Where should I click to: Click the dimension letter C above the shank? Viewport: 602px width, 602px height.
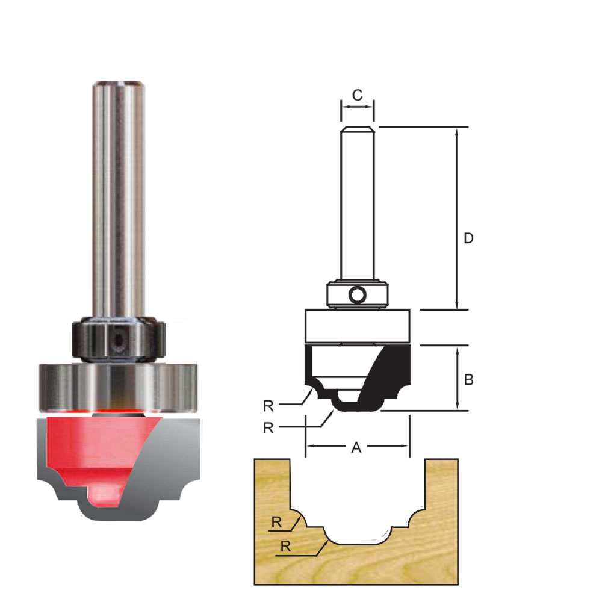click(357, 95)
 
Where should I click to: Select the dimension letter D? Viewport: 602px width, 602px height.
click(468, 238)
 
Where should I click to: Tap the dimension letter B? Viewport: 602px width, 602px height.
click(468, 380)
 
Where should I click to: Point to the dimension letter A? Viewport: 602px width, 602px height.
click(356, 447)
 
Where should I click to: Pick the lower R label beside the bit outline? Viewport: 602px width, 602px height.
click(268, 428)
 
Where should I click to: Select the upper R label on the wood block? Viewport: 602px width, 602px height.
click(276, 523)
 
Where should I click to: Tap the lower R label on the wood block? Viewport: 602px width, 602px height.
click(285, 547)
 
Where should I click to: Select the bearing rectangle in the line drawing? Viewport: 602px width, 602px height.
click(358, 326)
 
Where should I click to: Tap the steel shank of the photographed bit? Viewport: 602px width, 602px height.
click(117, 199)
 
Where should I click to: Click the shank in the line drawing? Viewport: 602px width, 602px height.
click(358, 205)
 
